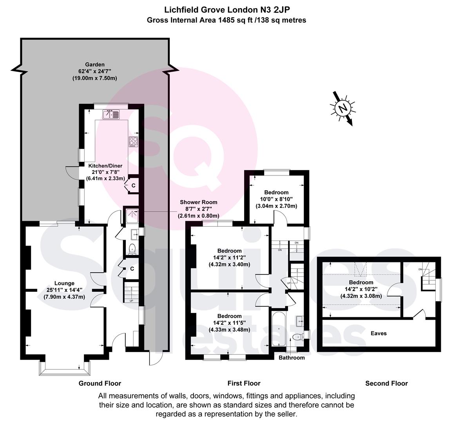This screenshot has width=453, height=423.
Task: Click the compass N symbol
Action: point(343,108)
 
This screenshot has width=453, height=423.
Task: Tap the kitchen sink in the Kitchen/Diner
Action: point(111,115)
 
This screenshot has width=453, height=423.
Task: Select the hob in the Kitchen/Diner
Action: point(133,142)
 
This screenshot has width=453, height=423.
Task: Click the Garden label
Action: point(95,64)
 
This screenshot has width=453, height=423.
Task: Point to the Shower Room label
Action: point(198,202)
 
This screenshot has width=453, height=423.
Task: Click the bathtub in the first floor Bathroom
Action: point(279,329)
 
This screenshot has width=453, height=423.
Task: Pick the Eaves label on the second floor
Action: point(379,333)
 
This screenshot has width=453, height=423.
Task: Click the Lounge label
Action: point(64,283)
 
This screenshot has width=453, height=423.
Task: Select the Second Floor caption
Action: point(386,383)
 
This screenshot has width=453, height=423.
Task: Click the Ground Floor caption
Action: point(100,383)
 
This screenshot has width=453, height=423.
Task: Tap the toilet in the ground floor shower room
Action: point(132,249)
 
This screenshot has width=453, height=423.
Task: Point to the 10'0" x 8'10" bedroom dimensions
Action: point(277,199)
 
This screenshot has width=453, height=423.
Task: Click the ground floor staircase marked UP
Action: point(131,292)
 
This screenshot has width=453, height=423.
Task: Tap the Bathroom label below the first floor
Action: point(292,358)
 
